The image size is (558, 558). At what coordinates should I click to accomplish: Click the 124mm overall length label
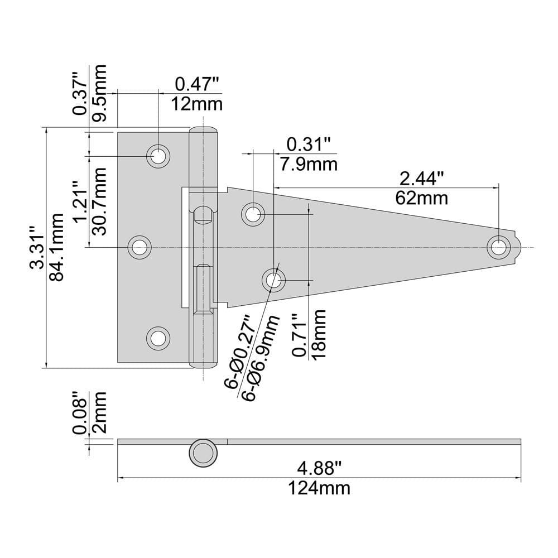pos(319,488)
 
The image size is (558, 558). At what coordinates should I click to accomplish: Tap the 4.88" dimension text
pos(319,466)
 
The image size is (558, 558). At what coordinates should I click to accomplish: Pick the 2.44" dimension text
pos(421,178)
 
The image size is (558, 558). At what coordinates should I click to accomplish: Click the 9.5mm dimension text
pos(100,90)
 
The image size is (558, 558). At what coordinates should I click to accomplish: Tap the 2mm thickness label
pos(100,413)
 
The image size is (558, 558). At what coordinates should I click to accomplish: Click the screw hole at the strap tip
pos(498,247)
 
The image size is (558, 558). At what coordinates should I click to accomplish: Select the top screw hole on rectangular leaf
pos(158,156)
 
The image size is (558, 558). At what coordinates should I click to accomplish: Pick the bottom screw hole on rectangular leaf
pos(158,338)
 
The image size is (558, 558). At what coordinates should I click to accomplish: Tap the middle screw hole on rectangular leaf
pos(139,247)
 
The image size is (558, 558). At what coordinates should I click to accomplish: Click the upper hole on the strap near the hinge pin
pos(253,214)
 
